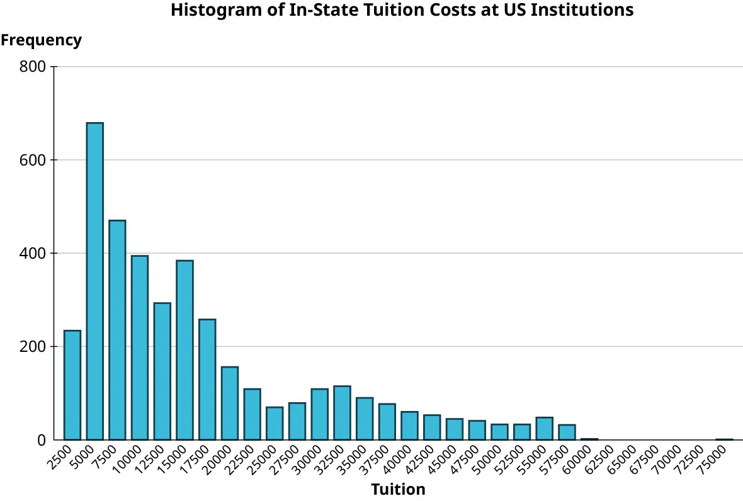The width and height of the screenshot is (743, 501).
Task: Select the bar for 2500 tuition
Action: [72, 385]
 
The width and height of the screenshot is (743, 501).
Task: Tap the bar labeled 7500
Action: [117, 330]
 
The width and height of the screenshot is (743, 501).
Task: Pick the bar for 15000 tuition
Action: [184, 350]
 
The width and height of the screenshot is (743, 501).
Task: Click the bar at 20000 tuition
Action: [230, 403]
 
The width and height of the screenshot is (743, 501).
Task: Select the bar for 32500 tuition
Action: [342, 413]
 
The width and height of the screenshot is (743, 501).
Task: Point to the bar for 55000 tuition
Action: [544, 429]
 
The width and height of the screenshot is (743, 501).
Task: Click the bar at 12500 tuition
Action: [162, 371]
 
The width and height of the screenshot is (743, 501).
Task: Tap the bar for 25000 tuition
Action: [275, 424]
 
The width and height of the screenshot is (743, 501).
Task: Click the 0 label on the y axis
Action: [42, 440]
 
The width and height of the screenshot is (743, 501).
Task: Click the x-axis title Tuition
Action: [398, 489]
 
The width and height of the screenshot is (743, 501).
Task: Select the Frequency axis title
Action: [41, 40]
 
